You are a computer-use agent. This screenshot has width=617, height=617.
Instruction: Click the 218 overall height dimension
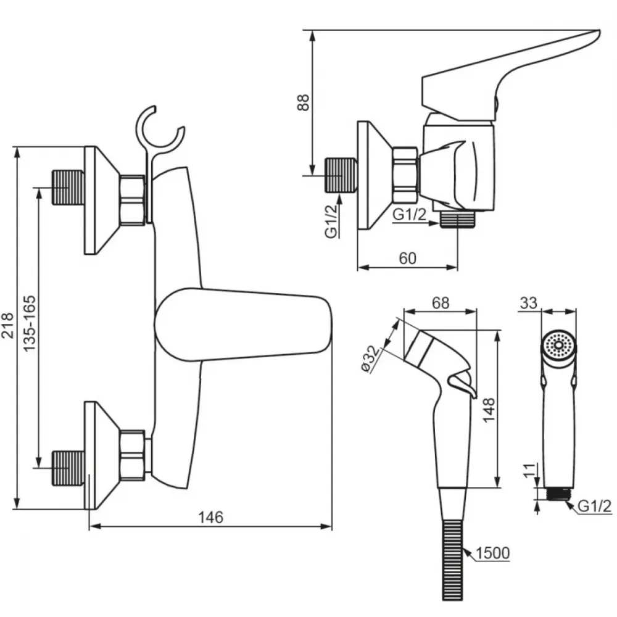point(8,325)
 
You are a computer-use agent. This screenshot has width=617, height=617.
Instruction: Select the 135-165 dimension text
point(29,323)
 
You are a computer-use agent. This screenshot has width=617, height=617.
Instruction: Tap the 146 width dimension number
point(210,517)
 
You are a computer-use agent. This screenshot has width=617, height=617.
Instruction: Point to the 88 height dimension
point(303,102)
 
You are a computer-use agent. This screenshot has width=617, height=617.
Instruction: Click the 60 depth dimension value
point(407,259)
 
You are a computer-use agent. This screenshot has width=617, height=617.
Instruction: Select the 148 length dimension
point(489,410)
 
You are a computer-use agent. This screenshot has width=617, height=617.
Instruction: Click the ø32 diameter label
point(371,358)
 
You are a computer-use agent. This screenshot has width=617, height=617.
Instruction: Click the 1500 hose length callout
point(492,553)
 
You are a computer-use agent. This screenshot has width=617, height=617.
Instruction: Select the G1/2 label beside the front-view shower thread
point(595,506)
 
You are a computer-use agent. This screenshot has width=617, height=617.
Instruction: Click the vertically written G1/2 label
point(331,221)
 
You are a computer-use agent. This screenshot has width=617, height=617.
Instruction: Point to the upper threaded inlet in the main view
point(68,188)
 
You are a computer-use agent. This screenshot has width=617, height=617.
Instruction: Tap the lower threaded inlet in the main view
point(68,468)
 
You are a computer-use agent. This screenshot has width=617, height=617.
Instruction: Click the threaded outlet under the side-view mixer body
point(457,219)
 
